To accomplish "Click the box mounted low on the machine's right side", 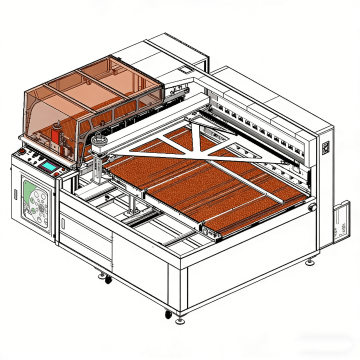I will click(341, 221).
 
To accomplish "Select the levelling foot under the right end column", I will click(310, 261).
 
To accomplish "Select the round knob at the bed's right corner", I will click(313, 207).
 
